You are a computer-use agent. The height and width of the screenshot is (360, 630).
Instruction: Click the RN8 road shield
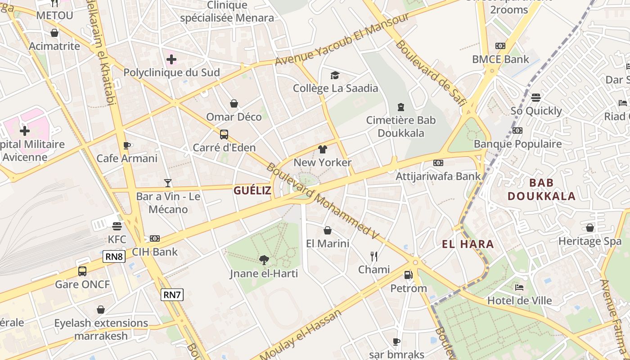click(x=114, y=256)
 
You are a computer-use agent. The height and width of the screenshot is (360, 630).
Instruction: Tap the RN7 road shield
click(x=172, y=295)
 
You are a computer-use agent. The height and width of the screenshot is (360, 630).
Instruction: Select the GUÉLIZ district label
click(x=252, y=190)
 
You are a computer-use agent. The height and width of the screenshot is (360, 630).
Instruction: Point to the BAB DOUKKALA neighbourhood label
click(x=541, y=189)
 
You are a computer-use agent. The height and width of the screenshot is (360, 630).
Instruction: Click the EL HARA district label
click(x=468, y=244)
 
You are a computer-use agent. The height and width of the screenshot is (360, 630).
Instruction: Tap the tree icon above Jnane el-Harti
click(x=264, y=260)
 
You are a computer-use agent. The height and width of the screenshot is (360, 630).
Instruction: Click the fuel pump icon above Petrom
click(x=408, y=274)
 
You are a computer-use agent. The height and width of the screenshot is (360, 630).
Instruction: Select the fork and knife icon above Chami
click(x=373, y=256)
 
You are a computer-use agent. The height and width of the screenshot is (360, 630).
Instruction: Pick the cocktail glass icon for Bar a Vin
click(x=168, y=183)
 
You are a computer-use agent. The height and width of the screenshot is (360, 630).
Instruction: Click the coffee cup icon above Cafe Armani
click(x=127, y=145)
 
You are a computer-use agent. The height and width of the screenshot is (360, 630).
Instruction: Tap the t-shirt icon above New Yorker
click(x=322, y=149)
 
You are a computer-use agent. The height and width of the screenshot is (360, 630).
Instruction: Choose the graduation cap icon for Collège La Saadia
click(x=335, y=75)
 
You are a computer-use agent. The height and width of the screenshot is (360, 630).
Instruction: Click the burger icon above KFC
click(x=117, y=226)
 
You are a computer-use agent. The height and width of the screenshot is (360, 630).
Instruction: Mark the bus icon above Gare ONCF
click(x=82, y=271)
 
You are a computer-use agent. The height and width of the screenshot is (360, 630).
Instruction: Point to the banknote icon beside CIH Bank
click(x=155, y=238)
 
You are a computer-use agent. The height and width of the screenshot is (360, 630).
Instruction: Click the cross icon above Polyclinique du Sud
click(x=171, y=59)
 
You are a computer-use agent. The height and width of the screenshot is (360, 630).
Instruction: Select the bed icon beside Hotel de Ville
click(x=519, y=287)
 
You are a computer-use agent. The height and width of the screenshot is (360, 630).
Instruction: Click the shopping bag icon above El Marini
click(x=328, y=230)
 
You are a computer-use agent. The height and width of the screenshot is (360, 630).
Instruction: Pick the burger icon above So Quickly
click(x=535, y=97)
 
